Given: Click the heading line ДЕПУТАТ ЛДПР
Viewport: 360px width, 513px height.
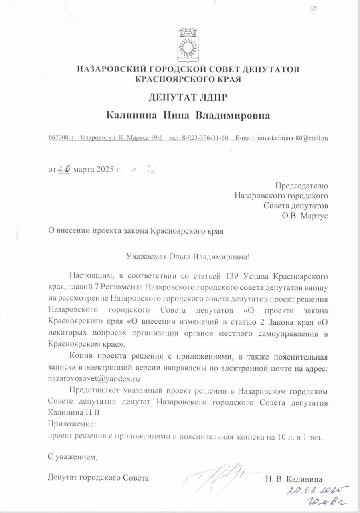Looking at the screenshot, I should tap(188, 97).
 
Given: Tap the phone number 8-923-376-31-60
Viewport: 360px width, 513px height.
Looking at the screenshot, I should tap(205, 138).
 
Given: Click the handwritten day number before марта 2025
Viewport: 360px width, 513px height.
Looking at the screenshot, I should tap(64, 170).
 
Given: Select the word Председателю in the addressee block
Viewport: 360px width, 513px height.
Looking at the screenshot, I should tap(301, 186).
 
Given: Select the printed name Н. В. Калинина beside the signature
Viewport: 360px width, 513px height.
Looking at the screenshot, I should tap(293, 478).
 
